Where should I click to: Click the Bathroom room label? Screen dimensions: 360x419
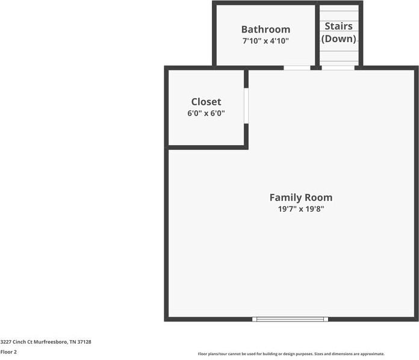point(265,29)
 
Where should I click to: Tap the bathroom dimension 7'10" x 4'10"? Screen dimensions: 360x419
point(265,41)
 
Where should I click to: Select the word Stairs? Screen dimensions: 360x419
point(338,26)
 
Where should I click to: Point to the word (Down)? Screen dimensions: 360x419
point(338,39)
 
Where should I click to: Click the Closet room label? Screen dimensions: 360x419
point(206,102)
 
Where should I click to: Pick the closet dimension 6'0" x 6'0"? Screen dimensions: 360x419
point(206,113)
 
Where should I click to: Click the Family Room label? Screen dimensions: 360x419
point(300,197)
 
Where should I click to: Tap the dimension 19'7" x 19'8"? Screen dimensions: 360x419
point(300,209)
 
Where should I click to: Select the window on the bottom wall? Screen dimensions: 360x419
point(290,319)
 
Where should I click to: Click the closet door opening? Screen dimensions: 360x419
point(246,106)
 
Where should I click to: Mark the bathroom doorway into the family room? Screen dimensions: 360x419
point(297,68)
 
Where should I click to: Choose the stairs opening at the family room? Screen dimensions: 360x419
point(338,68)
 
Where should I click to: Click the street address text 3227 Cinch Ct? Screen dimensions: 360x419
point(17,342)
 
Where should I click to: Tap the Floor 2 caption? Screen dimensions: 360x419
point(8,352)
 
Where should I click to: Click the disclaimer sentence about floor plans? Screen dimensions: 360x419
point(291,354)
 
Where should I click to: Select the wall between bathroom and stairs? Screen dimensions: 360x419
point(317,35)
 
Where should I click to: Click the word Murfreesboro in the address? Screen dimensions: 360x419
point(51,342)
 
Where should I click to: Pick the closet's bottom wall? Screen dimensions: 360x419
point(206,147)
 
